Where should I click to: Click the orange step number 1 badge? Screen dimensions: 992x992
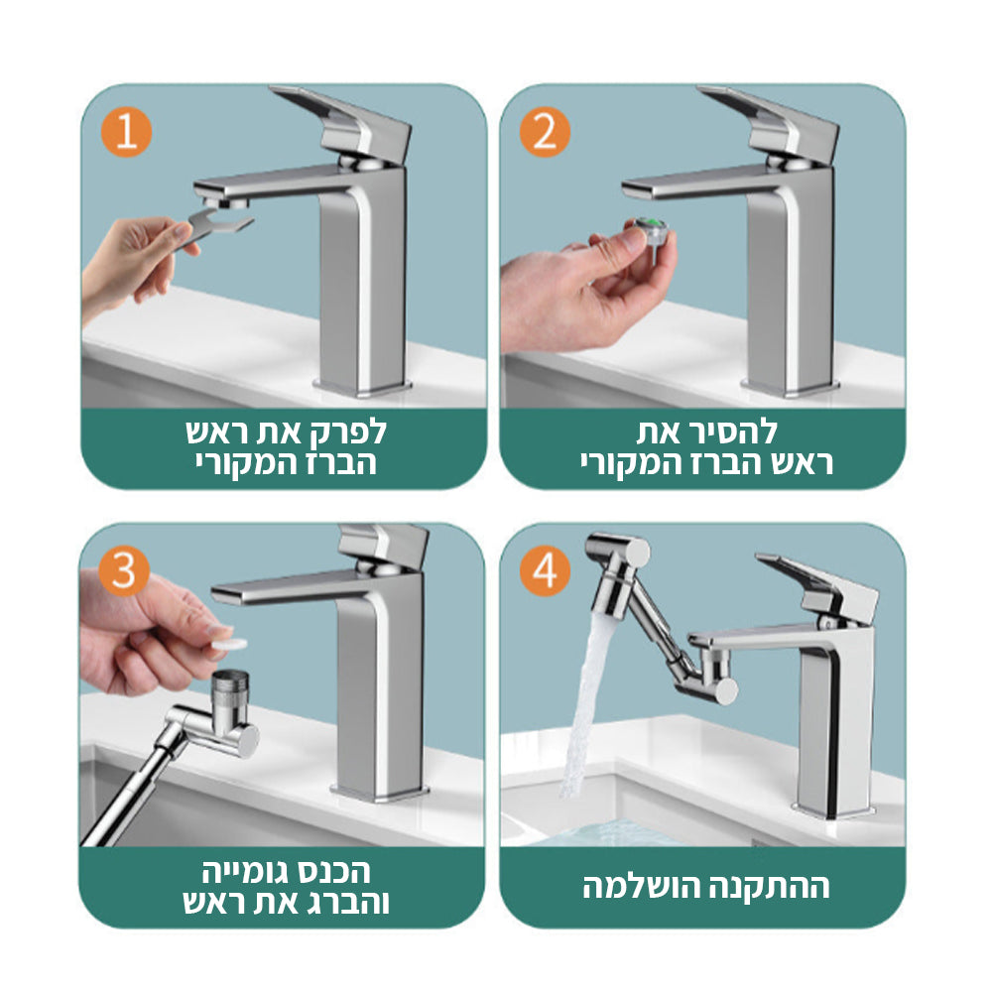pos(127,133)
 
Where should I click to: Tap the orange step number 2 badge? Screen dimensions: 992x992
pos(545,133)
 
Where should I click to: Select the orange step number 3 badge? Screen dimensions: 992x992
pos(124,570)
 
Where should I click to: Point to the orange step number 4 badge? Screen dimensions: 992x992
pos(545,570)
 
